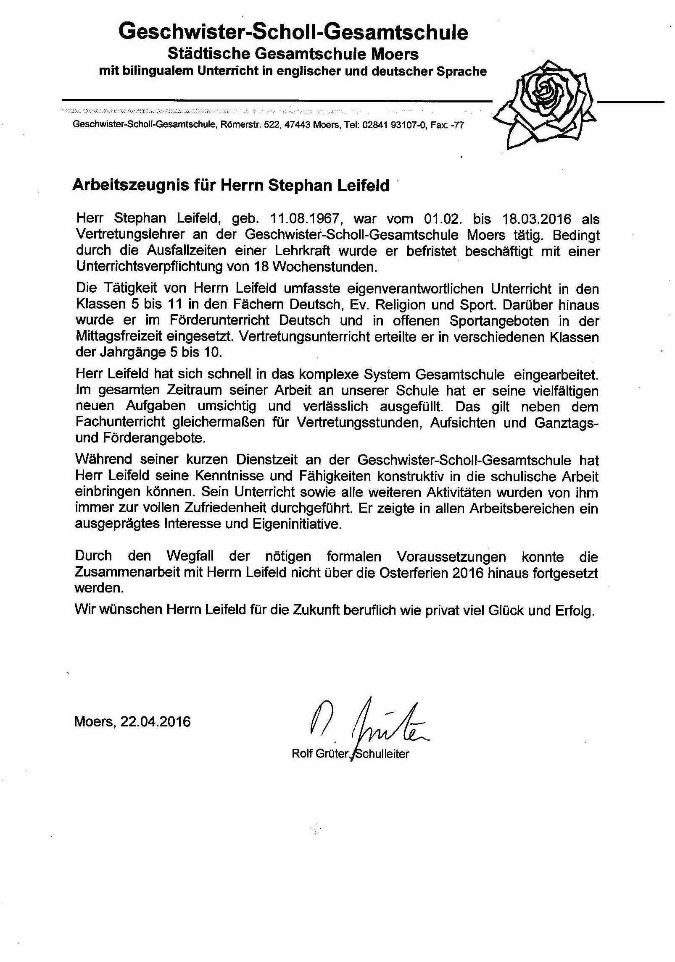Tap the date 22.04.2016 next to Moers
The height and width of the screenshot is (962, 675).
(156, 721)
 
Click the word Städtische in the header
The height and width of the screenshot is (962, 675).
(204, 54)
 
